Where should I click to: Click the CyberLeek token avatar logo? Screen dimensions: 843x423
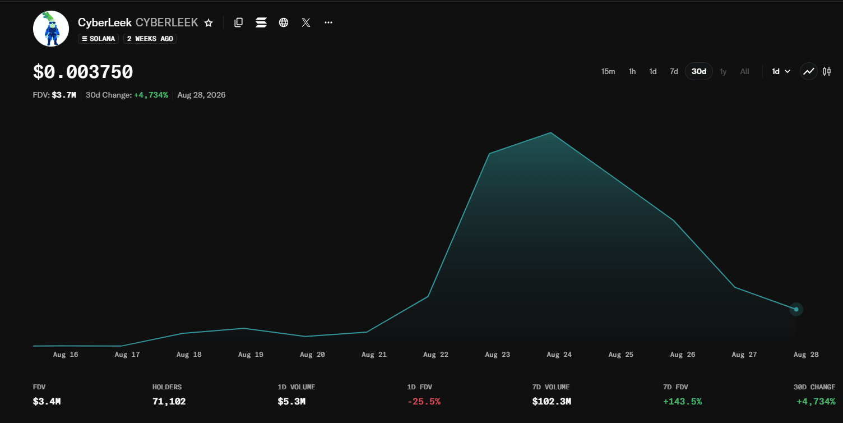(51, 29)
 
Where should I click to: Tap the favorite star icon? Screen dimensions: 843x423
(209, 23)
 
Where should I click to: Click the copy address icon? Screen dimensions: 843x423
(238, 22)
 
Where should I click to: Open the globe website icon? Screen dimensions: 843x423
(284, 22)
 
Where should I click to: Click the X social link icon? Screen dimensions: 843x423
(306, 22)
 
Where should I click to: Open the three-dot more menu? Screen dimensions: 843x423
(328, 22)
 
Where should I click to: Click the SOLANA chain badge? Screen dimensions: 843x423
(98, 38)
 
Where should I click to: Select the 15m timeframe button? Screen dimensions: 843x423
(608, 71)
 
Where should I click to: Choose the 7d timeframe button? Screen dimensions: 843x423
(674, 71)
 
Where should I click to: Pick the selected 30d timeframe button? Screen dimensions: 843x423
(699, 71)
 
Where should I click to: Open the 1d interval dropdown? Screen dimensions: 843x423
(781, 71)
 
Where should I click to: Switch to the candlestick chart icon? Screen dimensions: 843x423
(827, 71)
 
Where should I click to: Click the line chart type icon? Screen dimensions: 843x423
(808, 71)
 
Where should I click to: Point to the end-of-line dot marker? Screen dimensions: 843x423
(796, 309)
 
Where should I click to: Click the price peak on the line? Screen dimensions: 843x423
(550, 132)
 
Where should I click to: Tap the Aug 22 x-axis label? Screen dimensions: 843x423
(436, 355)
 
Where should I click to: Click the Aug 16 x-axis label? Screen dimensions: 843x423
(66, 355)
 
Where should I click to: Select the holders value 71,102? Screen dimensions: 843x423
(169, 402)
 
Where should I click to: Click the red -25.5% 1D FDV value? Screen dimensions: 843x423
(424, 402)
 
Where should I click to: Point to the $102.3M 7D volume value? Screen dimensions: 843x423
(552, 402)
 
